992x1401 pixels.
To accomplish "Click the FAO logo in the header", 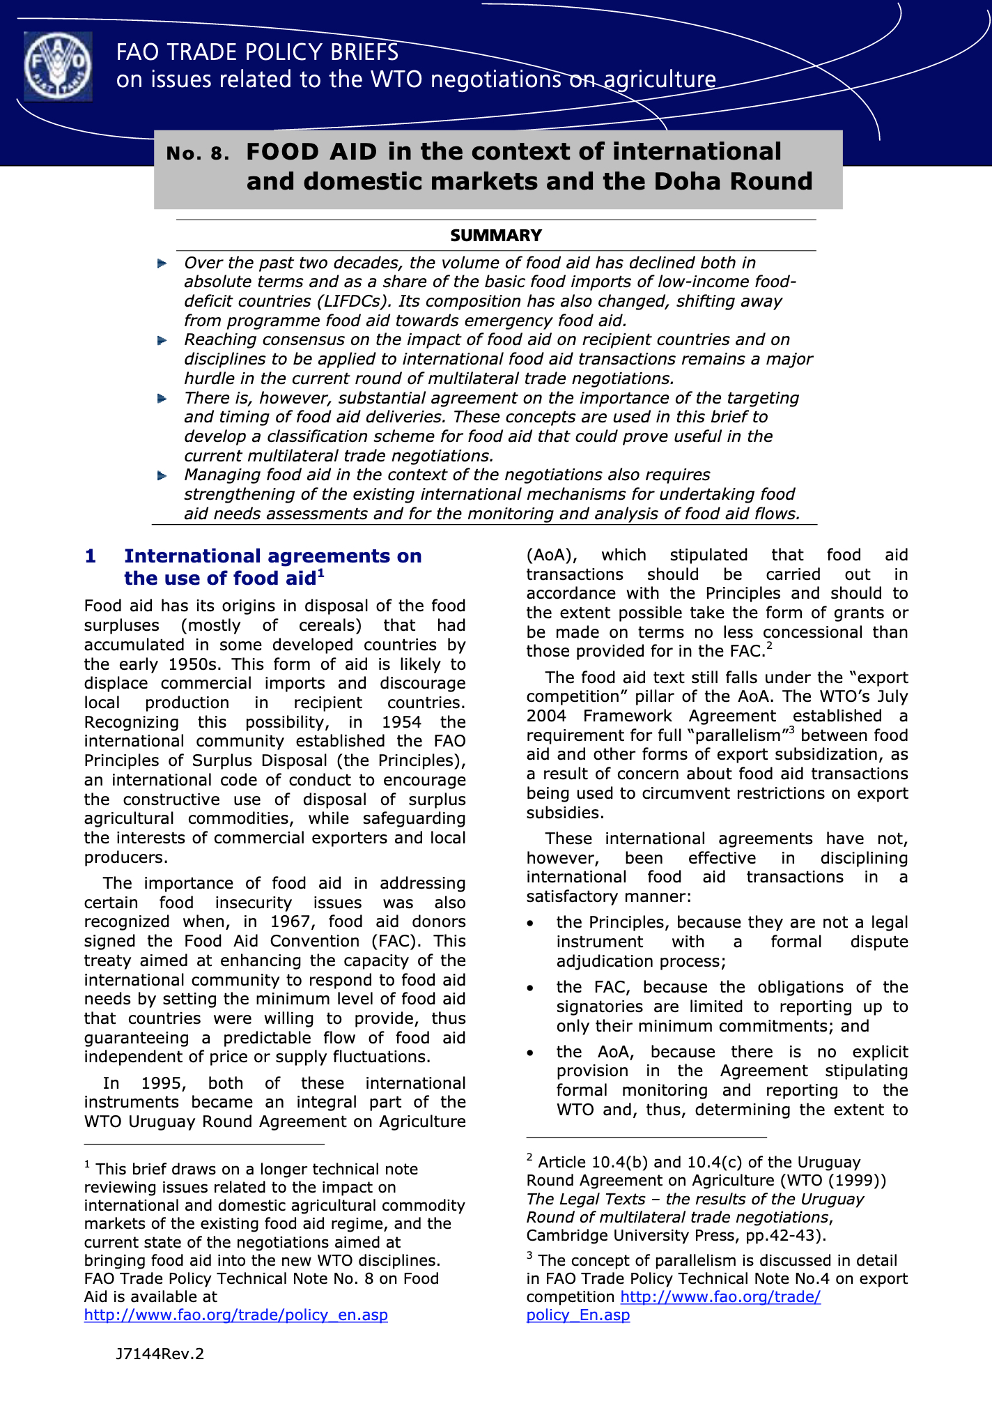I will (58, 67).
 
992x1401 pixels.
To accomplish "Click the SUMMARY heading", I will (495, 236).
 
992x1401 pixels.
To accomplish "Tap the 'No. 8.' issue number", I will (198, 153).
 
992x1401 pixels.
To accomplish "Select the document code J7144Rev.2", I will (160, 1354).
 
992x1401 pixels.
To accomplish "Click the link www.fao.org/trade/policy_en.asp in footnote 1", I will (235, 1315).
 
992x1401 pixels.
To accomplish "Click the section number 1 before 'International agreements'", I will (90, 556).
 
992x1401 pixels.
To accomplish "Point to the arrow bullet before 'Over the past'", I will (162, 263).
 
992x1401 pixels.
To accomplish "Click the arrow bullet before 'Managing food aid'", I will (162, 475).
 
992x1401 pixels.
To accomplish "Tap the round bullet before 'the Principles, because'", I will (531, 924).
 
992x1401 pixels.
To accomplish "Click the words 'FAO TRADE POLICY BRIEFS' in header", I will (257, 52).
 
